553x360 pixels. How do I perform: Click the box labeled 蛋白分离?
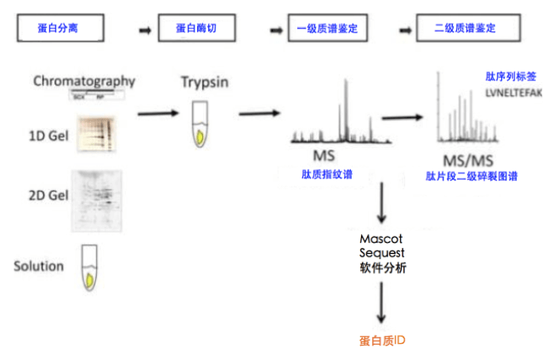(x=60, y=29)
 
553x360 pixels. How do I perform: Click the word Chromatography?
(x=84, y=82)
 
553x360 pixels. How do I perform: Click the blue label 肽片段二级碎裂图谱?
(x=472, y=176)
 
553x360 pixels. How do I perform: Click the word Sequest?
(x=383, y=253)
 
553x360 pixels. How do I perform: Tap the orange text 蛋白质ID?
(x=383, y=340)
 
